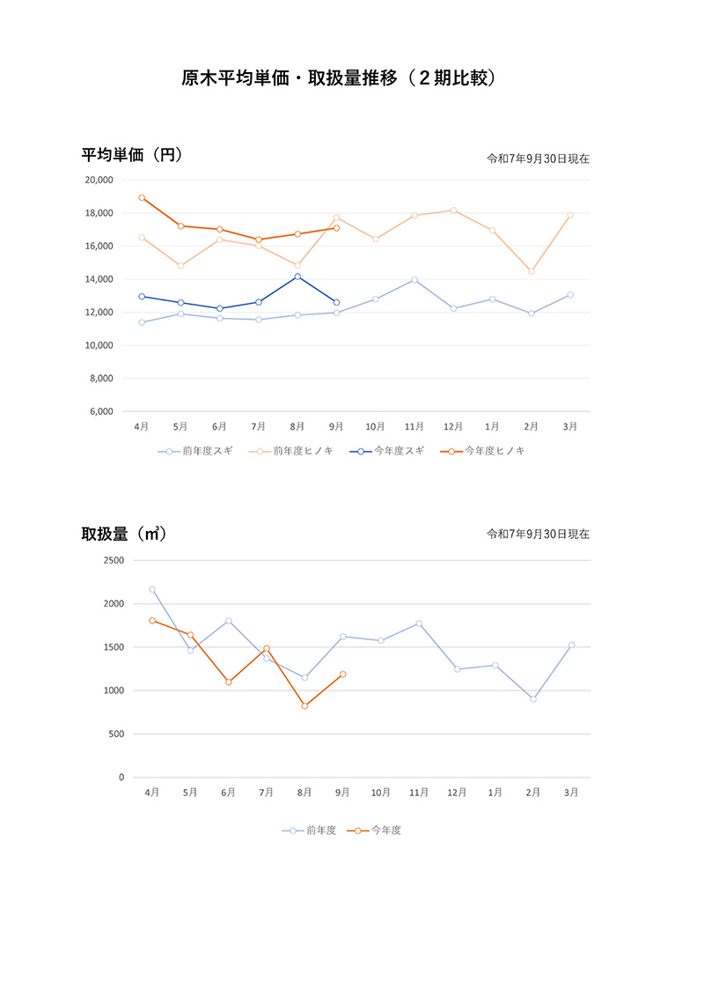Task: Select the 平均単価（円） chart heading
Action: pyautogui.click(x=132, y=155)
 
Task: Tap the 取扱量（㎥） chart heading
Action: pyautogui.click(x=124, y=534)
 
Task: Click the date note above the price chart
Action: pyautogui.click(x=538, y=159)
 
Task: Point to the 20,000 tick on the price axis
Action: pyautogui.click(x=99, y=180)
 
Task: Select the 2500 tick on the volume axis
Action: pyautogui.click(x=115, y=560)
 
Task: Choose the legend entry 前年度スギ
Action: pyautogui.click(x=198, y=451)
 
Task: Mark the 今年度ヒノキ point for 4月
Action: pyautogui.click(x=142, y=197)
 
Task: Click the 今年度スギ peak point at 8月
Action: pyautogui.click(x=297, y=277)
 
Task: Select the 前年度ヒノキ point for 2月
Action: pyautogui.click(x=532, y=271)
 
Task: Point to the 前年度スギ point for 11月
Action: pyautogui.click(x=414, y=280)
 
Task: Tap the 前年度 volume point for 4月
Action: pyautogui.click(x=152, y=589)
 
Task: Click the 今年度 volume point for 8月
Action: pyautogui.click(x=304, y=706)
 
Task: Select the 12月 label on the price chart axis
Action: pyautogui.click(x=453, y=427)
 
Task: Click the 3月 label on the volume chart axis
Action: pyautogui.click(x=571, y=793)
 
